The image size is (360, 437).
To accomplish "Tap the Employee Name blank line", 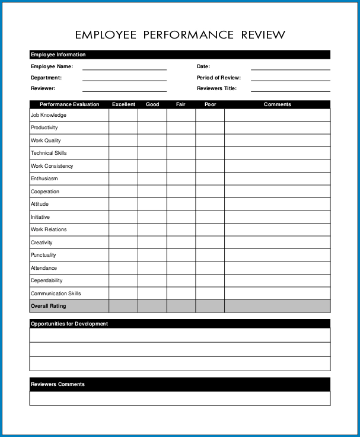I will [x=124, y=68].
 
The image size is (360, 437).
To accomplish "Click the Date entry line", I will [x=290, y=68].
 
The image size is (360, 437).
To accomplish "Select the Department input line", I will [x=124, y=78].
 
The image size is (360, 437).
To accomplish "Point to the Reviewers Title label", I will [x=216, y=88].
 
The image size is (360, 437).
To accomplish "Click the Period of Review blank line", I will [x=290, y=78].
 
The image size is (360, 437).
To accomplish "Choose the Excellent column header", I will [x=123, y=104].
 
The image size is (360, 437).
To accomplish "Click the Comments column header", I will [x=277, y=104].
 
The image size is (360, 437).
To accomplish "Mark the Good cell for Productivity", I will [x=152, y=128].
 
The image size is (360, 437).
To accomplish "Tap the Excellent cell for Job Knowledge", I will [x=123, y=115].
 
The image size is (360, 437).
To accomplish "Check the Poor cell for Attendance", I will [x=210, y=268].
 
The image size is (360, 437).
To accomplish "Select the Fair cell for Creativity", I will [x=181, y=243].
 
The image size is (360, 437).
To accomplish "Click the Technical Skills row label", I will [x=49, y=153].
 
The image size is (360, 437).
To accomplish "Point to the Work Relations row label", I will [x=49, y=229].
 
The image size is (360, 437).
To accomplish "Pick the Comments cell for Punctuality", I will [x=277, y=255].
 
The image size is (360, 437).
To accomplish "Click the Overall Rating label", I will [x=49, y=306].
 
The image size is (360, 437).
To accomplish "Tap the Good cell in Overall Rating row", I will [x=152, y=306].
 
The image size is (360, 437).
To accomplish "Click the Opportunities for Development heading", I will [x=69, y=324].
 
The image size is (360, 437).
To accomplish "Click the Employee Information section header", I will [x=58, y=55].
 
